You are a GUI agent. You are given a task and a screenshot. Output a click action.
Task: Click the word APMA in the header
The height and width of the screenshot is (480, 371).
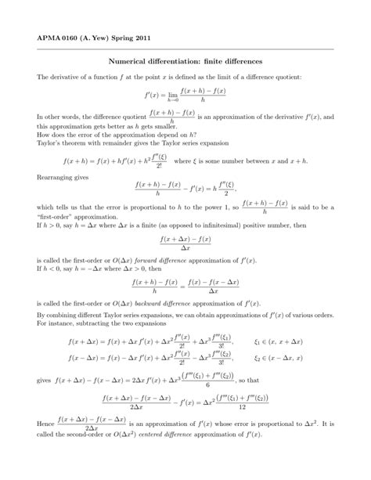point(38,37)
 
